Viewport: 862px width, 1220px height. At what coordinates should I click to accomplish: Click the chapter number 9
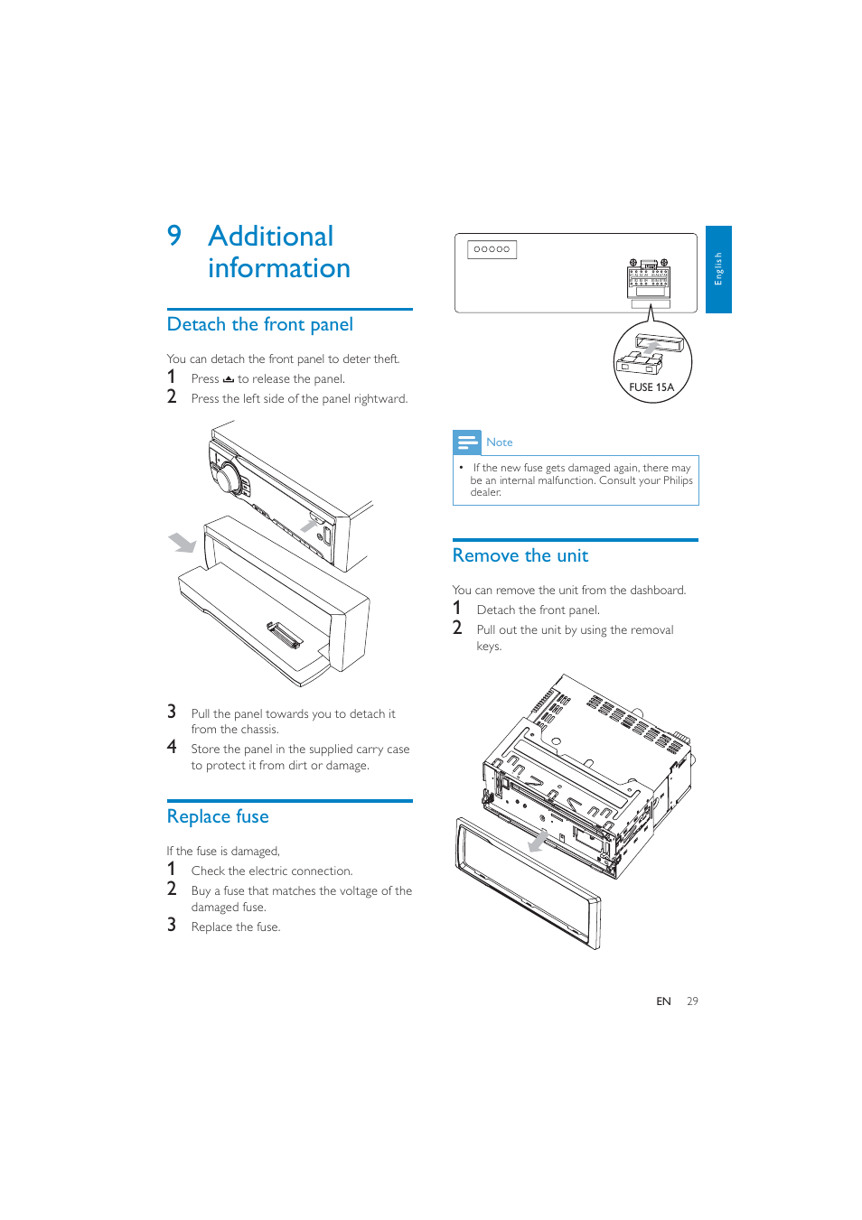click(174, 236)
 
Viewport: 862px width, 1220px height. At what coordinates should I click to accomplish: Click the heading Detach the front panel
click(259, 324)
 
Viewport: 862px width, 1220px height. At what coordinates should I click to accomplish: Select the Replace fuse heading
click(218, 816)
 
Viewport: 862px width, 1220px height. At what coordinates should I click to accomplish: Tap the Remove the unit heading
click(520, 555)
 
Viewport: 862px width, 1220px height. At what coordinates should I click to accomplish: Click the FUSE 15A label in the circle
click(651, 387)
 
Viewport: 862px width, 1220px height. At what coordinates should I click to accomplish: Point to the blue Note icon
click(467, 442)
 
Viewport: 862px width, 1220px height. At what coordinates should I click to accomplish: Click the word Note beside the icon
click(499, 442)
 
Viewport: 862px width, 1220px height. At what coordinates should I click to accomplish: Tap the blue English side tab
click(718, 269)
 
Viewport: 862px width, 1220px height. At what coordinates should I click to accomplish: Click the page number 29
click(692, 1001)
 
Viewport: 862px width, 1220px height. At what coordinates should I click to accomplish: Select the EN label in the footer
click(663, 1001)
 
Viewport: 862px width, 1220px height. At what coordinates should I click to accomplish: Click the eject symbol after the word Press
click(229, 379)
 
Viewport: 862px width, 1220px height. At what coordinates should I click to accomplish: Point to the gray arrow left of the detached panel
click(183, 542)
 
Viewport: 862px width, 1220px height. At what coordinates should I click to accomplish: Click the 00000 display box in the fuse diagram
click(492, 249)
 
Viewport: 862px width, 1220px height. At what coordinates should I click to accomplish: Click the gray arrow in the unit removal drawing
click(538, 841)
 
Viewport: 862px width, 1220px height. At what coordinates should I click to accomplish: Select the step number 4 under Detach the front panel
click(172, 747)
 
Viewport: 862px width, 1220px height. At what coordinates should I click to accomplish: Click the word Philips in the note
click(678, 480)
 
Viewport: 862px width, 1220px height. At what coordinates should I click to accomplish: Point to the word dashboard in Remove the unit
click(657, 591)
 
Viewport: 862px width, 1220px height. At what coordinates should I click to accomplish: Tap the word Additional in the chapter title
click(270, 237)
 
